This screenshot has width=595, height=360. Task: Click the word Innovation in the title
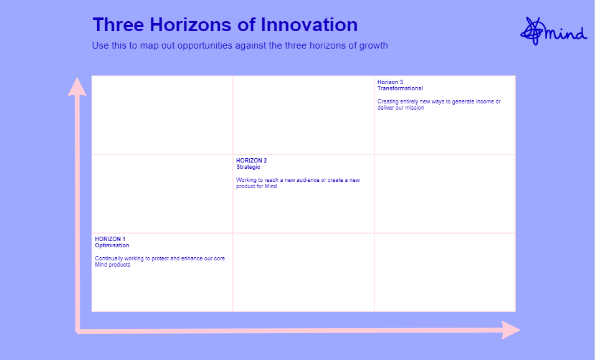[x=309, y=25]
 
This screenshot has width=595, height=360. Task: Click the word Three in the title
[x=118, y=25]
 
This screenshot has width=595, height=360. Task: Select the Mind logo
[x=554, y=31]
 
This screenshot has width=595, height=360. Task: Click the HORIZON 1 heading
[x=110, y=239]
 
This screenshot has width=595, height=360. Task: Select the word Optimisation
[x=112, y=245]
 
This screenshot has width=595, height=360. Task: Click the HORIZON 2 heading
[x=251, y=161]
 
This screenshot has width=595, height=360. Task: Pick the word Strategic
[x=248, y=167]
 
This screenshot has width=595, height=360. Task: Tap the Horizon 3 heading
[x=390, y=82]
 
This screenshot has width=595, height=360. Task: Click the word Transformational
[x=400, y=88]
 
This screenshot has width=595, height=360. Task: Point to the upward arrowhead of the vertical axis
[x=77, y=87]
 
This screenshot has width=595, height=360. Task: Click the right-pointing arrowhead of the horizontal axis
[x=511, y=330]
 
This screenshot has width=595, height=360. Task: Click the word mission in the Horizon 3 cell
[x=414, y=108]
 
